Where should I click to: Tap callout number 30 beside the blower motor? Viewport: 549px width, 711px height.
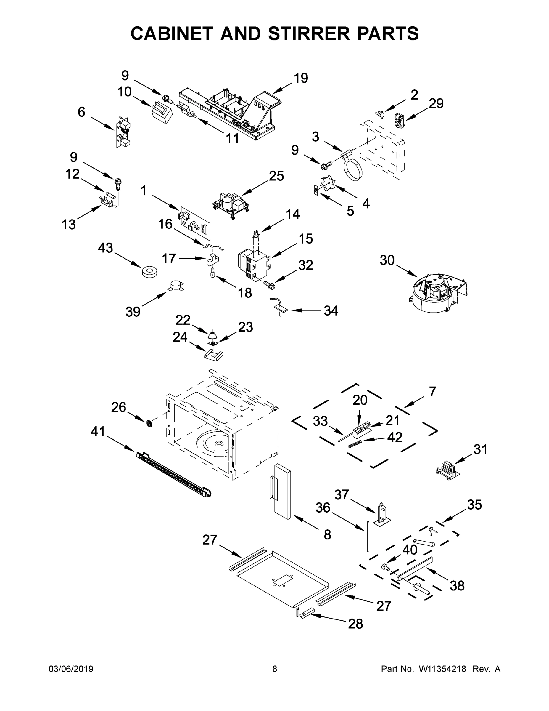[x=387, y=260]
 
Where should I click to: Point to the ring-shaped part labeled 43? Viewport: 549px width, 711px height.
[x=149, y=271]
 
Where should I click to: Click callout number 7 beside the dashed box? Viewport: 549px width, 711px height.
[x=432, y=391]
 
